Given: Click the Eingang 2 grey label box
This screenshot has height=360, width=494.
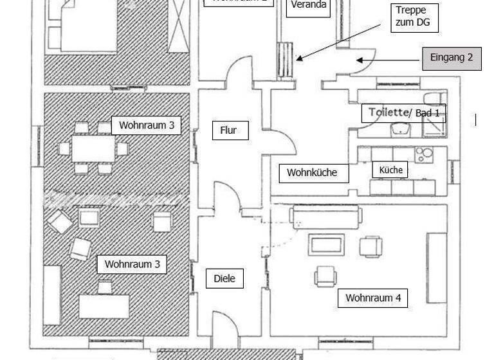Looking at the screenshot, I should pyautogui.click(x=451, y=58).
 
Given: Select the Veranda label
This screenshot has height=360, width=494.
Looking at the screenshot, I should pyautogui.click(x=309, y=6).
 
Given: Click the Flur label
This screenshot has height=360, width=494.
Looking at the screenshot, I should pyautogui.click(x=228, y=130).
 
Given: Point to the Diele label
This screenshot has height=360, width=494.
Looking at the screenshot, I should pyautogui.click(x=224, y=278).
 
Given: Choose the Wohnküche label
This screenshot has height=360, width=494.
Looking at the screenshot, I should pyautogui.click(x=311, y=172).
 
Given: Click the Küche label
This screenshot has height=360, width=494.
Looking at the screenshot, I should pyautogui.click(x=390, y=170).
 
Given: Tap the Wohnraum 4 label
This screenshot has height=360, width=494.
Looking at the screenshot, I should pyautogui.click(x=372, y=298).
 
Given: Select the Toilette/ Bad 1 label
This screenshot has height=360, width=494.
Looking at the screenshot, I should pyautogui.click(x=403, y=113).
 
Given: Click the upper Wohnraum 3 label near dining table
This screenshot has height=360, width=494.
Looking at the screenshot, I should pyautogui.click(x=146, y=125).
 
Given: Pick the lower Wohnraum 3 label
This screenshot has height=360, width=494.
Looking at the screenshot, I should pyautogui.click(x=132, y=264).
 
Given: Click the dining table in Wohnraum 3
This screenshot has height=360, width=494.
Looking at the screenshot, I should pyautogui.click(x=93, y=148).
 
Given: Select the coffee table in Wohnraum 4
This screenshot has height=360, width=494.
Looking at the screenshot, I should pyautogui.click(x=327, y=245).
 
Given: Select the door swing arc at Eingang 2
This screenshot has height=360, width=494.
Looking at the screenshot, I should pyautogui.click(x=360, y=58).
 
